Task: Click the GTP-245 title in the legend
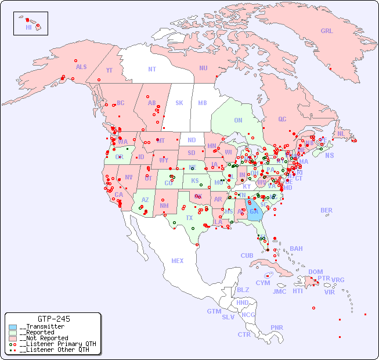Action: pyautogui.click(x=54, y=319)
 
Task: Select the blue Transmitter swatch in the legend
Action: pyautogui.click(x=13, y=327)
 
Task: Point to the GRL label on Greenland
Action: pyautogui.click(x=327, y=31)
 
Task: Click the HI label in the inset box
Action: pyautogui.click(x=28, y=27)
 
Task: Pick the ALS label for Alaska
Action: pyautogui.click(x=81, y=67)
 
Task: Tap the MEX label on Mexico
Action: pyautogui.click(x=178, y=261)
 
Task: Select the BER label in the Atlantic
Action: pyautogui.click(x=327, y=210)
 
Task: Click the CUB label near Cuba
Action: pyautogui.click(x=247, y=255)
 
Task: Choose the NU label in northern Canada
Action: pyautogui.click(x=203, y=68)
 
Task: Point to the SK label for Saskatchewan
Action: pyautogui.click(x=179, y=103)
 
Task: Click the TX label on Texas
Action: pyautogui.click(x=189, y=218)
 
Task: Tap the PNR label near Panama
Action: pyautogui.click(x=277, y=327)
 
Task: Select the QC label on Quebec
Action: pyautogui.click(x=282, y=119)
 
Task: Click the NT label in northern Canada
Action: pyautogui.click(x=152, y=69)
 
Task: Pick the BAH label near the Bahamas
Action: pyautogui.click(x=296, y=249)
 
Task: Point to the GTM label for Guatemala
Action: pyautogui.click(x=214, y=311)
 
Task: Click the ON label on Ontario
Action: pyautogui.click(x=238, y=120)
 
